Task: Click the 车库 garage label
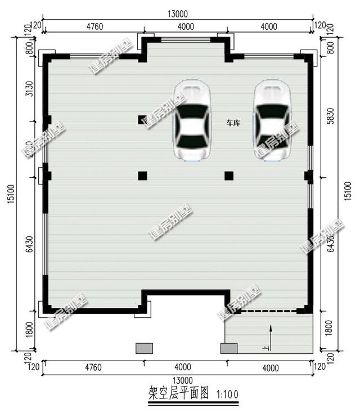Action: [233, 123]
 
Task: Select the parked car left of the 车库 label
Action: [192, 120]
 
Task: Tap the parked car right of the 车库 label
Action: [273, 120]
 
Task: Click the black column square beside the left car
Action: [142, 120]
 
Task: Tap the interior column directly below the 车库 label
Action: [229, 176]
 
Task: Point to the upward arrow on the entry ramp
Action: [271, 336]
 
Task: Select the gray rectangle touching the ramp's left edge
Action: [228, 348]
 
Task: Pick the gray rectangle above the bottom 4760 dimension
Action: [145, 348]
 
